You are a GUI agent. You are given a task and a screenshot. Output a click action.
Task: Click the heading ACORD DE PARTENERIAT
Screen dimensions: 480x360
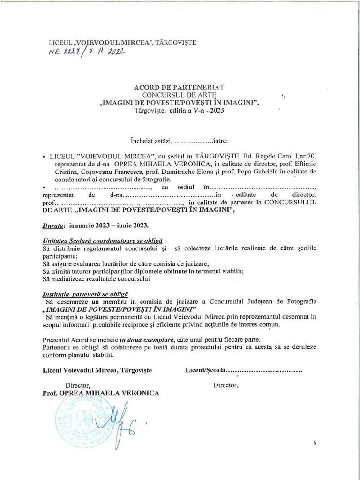180,87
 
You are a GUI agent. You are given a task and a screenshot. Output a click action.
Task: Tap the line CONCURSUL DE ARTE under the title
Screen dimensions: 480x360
180,95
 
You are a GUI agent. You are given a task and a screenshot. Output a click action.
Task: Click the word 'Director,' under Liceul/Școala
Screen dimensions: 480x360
226,385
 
